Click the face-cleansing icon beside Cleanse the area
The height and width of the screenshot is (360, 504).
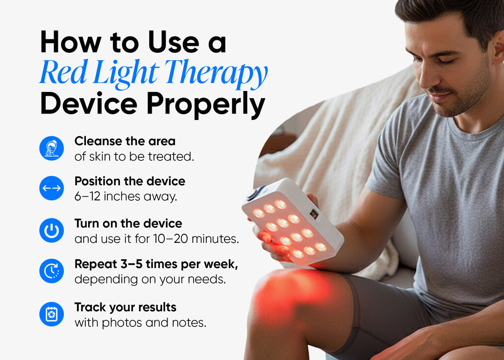tap(51, 148)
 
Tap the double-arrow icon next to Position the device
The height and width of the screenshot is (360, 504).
tap(51, 188)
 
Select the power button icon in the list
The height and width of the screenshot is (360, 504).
tap(51, 231)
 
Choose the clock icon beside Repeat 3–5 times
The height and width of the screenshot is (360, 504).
tap(51, 271)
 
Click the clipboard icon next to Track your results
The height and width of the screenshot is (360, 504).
tap(51, 314)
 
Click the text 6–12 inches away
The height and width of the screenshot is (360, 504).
tap(126, 197)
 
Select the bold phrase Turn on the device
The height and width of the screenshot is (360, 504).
tap(128, 223)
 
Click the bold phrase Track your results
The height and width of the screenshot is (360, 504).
tap(126, 307)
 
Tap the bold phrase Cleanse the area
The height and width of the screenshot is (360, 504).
tap(125, 141)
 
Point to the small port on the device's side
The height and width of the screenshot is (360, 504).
tap(314, 214)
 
